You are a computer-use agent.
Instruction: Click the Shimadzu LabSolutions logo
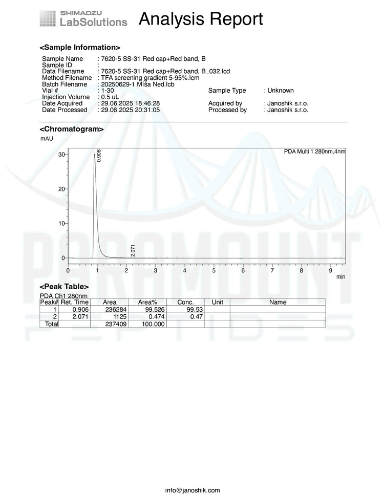[83, 18]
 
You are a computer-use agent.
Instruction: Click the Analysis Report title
[201, 19]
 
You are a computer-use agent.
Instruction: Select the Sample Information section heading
[80, 47]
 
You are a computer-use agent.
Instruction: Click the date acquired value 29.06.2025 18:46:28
[131, 103]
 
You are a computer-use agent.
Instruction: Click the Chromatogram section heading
[72, 129]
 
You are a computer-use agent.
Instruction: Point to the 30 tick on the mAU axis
[61, 154]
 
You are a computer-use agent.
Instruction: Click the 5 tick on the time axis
[214, 270]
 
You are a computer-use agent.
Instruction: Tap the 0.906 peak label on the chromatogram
[99, 156]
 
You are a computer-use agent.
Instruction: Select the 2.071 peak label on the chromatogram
[133, 250]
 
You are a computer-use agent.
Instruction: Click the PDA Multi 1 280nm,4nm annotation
[314, 151]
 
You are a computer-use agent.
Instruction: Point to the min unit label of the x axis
[340, 276]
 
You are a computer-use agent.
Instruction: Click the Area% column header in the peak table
[147, 302]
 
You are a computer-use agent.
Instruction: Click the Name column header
[278, 302]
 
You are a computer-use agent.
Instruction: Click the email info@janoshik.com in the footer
[193, 490]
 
